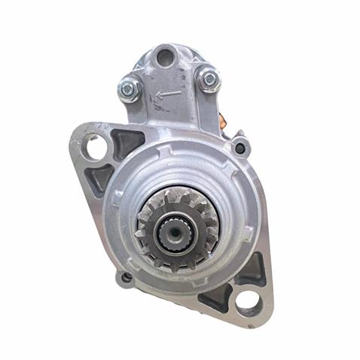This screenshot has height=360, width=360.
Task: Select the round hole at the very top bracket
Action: click(x=164, y=54)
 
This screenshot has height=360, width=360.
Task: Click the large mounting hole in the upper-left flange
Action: click(x=96, y=148)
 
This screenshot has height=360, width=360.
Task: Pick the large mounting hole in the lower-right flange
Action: click(x=248, y=302)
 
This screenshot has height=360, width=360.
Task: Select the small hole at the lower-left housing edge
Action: click(x=126, y=277)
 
